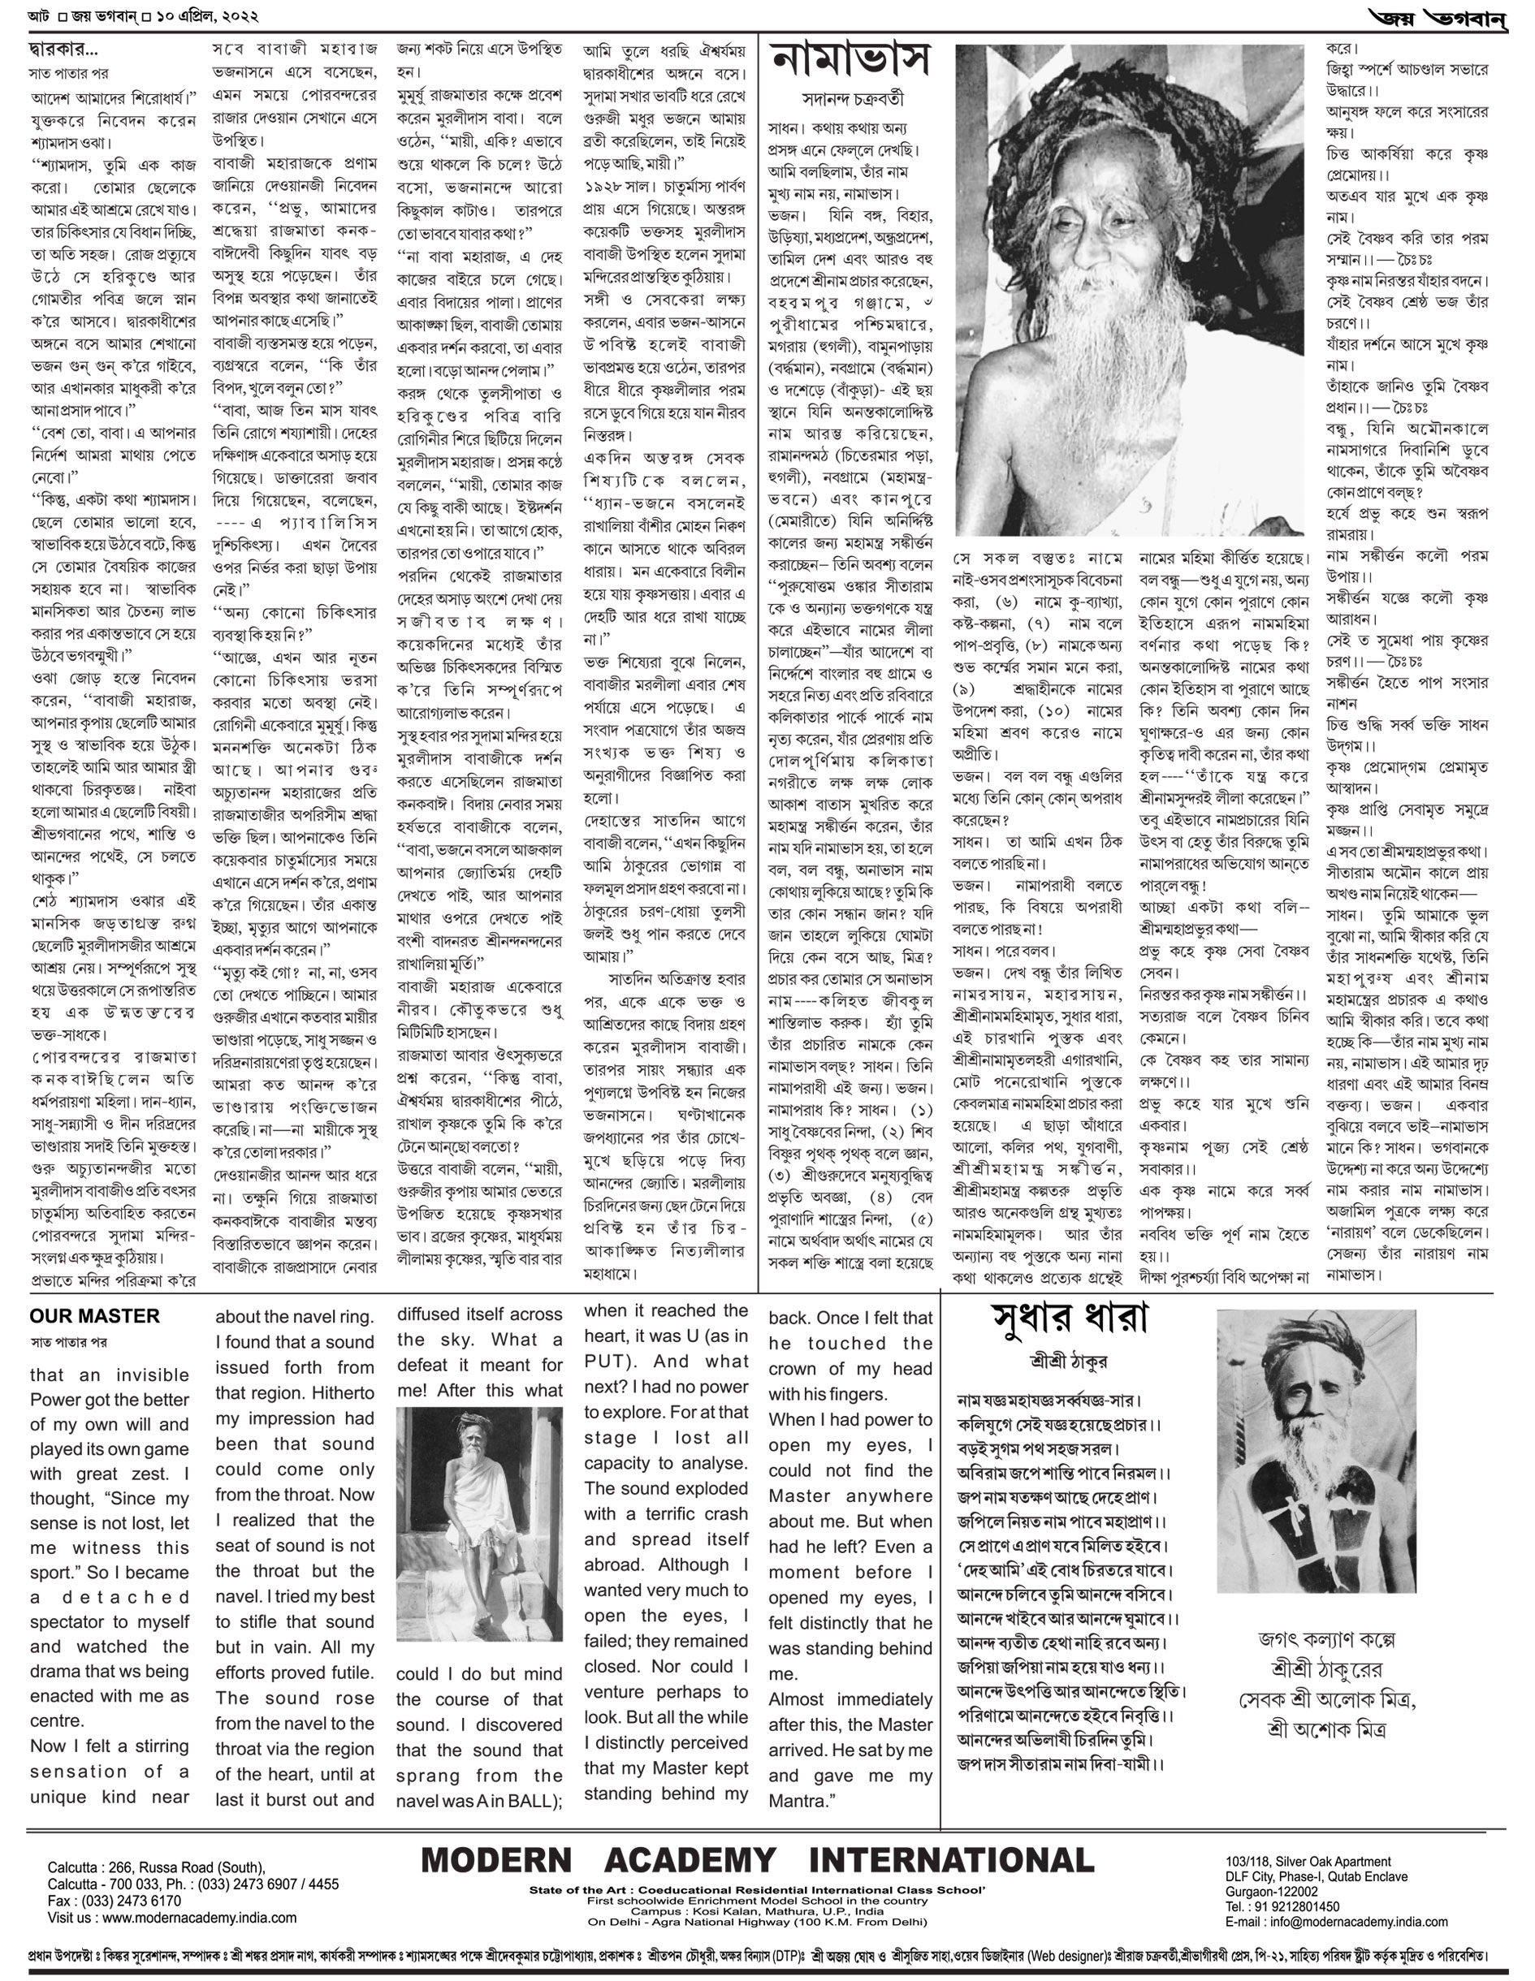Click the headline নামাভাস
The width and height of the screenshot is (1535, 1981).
850,61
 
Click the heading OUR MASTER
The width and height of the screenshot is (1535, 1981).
94,1316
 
